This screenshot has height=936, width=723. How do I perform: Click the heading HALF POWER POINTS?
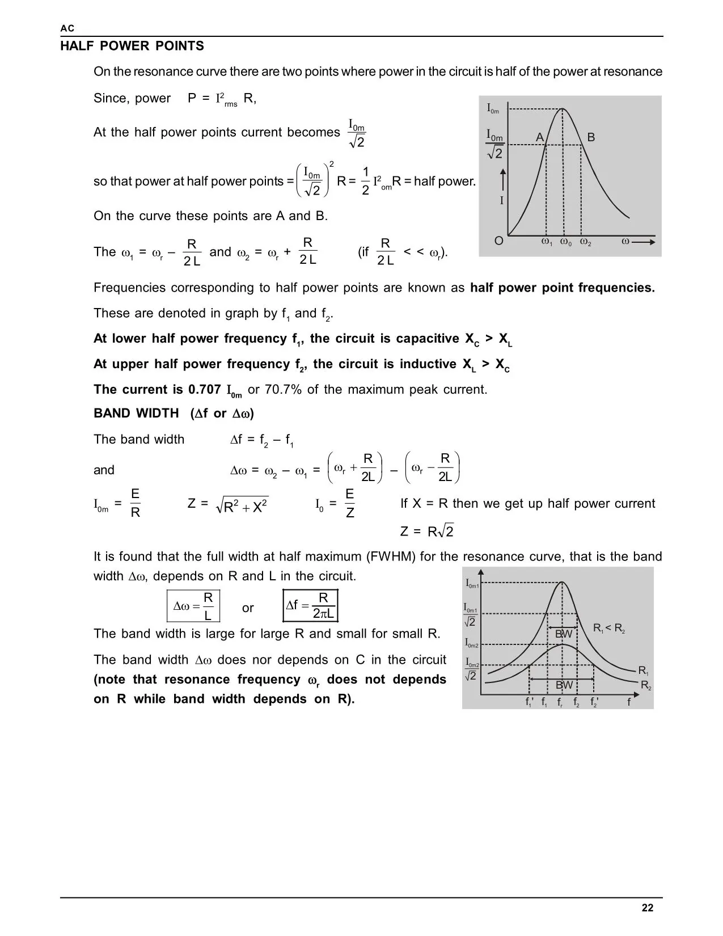pyautogui.click(x=132, y=47)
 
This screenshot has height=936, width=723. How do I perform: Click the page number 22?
pyautogui.click(x=648, y=908)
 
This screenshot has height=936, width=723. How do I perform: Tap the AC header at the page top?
pyautogui.click(x=67, y=29)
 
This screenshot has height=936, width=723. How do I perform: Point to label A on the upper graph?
pyautogui.click(x=540, y=137)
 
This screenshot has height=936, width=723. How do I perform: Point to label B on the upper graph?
pyautogui.click(x=591, y=137)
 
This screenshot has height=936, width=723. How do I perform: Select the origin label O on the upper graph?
pyautogui.click(x=498, y=241)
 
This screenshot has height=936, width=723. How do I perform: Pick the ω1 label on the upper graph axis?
pyautogui.click(x=547, y=242)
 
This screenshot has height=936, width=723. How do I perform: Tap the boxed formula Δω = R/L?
pyautogui.click(x=193, y=606)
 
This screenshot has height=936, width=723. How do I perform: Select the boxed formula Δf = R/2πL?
pyautogui.click(x=311, y=606)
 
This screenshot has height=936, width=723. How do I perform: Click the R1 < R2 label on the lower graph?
pyautogui.click(x=609, y=628)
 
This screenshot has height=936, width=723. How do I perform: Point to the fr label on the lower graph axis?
pyautogui.click(x=560, y=703)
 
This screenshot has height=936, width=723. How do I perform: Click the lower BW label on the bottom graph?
pyautogui.click(x=564, y=685)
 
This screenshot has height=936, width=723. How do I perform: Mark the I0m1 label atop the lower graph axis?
pyautogui.click(x=472, y=584)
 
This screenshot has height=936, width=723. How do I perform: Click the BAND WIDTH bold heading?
pyautogui.click(x=136, y=414)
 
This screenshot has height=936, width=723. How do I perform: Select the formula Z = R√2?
pyautogui.click(x=426, y=532)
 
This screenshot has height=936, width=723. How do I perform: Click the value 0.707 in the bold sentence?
pyautogui.click(x=204, y=390)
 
